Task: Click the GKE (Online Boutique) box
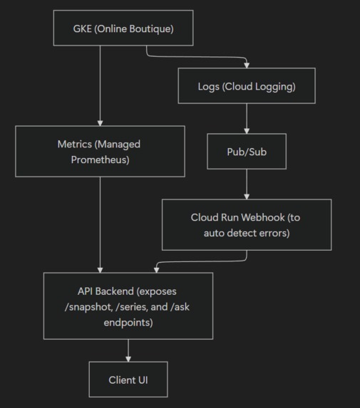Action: (x=123, y=28)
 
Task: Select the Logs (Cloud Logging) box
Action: (x=246, y=86)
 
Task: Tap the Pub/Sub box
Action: (x=246, y=151)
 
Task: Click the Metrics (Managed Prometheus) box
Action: (x=99, y=152)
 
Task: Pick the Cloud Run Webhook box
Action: (x=246, y=224)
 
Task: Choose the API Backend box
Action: (x=128, y=306)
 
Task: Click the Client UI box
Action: (x=128, y=380)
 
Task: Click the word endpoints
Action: (x=128, y=322)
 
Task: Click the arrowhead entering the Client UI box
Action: (x=128, y=358)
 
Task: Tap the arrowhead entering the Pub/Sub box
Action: (x=246, y=131)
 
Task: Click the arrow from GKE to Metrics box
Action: (x=100, y=85)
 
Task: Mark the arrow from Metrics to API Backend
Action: (x=100, y=224)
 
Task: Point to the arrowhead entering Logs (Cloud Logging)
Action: (x=246, y=66)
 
